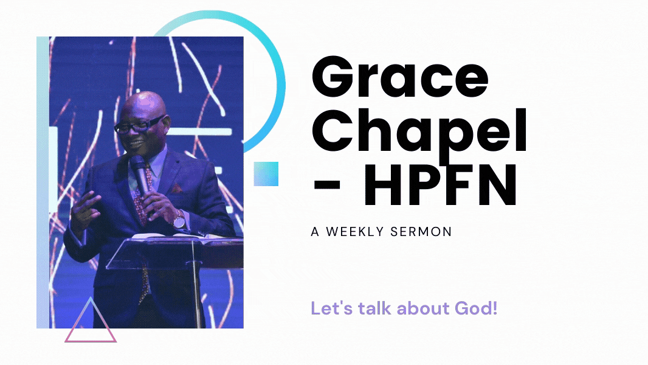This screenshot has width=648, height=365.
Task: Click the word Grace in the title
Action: pos(400,77)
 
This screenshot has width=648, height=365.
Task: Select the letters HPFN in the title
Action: pos(439,185)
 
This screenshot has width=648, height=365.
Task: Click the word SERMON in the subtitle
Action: pos(421,232)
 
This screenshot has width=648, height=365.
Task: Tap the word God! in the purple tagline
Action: pos(476,308)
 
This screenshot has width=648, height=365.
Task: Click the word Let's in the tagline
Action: pos(331,308)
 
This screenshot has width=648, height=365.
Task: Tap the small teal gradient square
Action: pos(266,174)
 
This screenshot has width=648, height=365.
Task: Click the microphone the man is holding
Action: pos(140,174)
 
